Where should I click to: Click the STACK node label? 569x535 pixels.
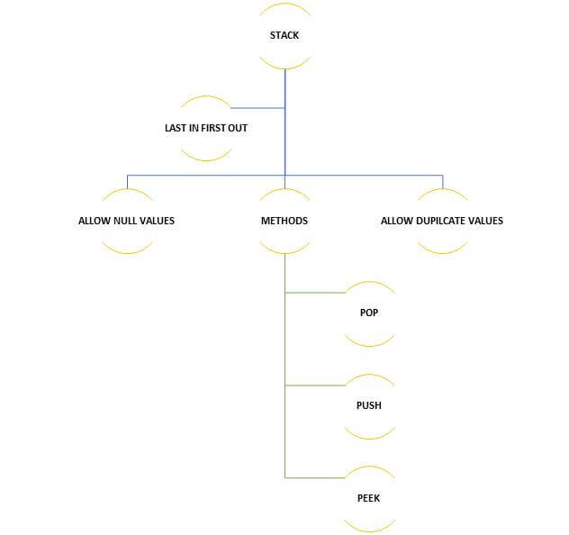click(284, 36)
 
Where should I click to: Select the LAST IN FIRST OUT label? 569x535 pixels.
click(205, 128)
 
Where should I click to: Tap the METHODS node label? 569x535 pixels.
click(284, 221)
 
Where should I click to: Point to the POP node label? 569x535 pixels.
click(369, 313)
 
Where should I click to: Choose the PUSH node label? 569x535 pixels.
click(369, 405)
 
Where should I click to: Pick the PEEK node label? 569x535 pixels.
click(369, 498)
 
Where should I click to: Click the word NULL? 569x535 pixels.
click(123, 221)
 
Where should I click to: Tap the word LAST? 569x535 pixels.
click(175, 128)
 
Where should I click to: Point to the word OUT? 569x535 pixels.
click(237, 128)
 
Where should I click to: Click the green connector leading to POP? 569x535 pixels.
click(315, 293)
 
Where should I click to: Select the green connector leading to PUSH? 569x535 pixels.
click(315, 385)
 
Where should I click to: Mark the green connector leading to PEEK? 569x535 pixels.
click(315, 477)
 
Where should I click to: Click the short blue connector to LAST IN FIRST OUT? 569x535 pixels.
click(258, 108)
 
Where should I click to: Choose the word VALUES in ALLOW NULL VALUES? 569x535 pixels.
click(157, 221)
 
